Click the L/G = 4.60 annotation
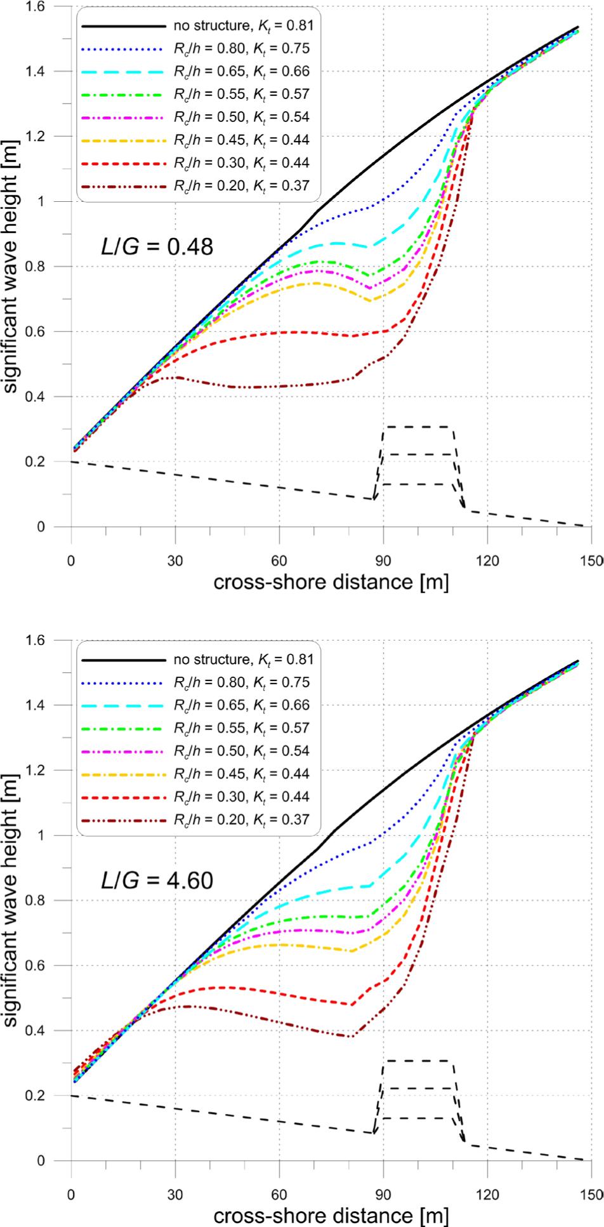157,880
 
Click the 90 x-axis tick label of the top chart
383,543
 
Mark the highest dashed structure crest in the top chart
417,427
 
